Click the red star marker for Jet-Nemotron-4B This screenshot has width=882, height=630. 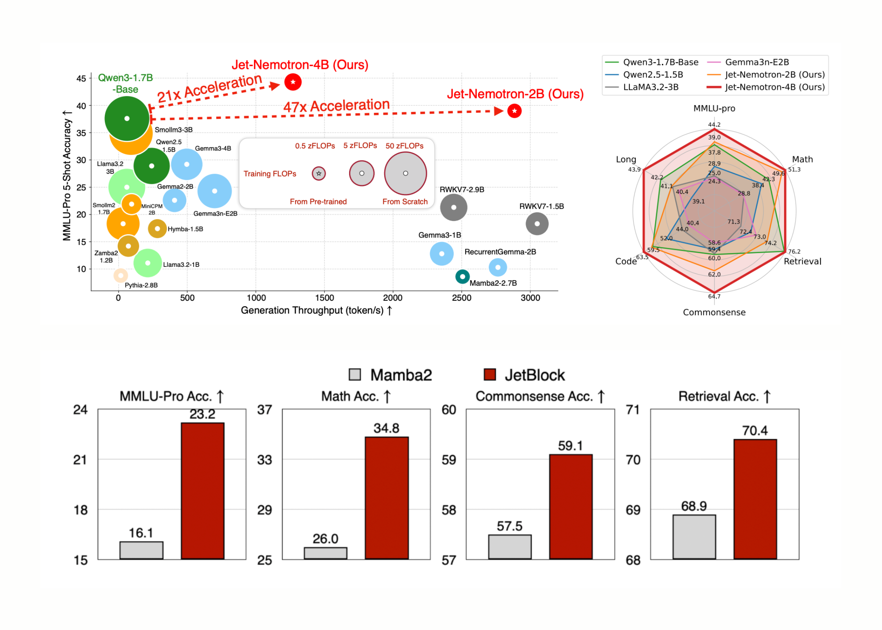click(293, 82)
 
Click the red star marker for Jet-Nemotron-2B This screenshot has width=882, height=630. click(514, 111)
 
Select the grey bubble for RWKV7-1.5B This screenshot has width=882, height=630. click(537, 224)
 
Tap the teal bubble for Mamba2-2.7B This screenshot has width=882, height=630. click(462, 277)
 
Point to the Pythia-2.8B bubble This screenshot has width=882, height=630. click(121, 275)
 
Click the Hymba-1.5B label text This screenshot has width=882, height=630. click(185, 229)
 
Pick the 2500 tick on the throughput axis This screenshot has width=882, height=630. click(462, 298)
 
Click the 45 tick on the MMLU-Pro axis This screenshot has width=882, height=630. click(81, 78)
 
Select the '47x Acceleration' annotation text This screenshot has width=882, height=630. click(336, 106)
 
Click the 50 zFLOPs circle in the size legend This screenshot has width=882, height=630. click(405, 173)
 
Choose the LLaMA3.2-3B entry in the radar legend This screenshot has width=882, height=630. click(651, 87)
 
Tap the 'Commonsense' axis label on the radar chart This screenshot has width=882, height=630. click(714, 312)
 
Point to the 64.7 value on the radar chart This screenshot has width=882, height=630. click(714, 297)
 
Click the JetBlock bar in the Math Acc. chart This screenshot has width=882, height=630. click(387, 498)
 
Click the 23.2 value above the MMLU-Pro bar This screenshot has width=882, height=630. click(202, 414)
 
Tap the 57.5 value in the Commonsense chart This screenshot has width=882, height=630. click(509, 526)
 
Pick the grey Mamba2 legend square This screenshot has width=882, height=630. click(355, 374)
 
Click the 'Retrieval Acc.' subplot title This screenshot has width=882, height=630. click(724, 396)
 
